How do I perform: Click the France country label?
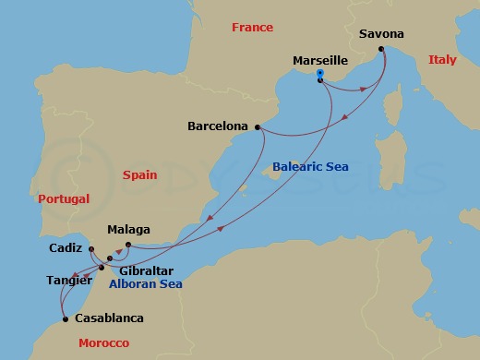(x=253, y=28)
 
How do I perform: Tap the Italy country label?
(x=442, y=60)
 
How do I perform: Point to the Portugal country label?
(x=64, y=198)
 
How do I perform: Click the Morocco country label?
(x=103, y=343)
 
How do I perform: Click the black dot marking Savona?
(x=380, y=48)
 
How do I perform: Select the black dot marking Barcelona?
(x=257, y=126)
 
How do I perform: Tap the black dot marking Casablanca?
(x=65, y=320)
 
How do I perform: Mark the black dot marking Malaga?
(x=128, y=245)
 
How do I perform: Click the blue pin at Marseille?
(x=319, y=73)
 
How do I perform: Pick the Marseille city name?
(x=319, y=60)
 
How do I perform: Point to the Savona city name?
(x=381, y=34)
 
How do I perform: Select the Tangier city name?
(x=68, y=279)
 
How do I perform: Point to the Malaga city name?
(x=128, y=230)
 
